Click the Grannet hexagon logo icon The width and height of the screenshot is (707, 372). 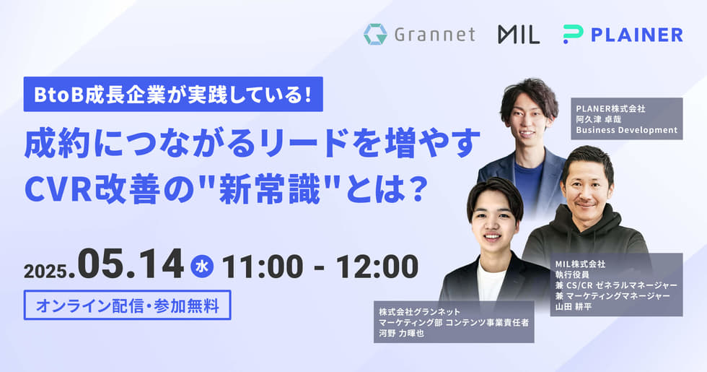coord(375,35)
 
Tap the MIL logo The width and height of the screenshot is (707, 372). coord(519,35)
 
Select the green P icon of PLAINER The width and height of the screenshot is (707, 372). coord(573,35)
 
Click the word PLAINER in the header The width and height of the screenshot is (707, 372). coord(636,35)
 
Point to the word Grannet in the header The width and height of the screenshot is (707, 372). coord(434,35)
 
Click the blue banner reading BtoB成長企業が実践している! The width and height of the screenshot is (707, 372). coord(173,94)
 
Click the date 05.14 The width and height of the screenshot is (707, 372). coord(131,265)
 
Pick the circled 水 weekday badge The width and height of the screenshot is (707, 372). coord(201,267)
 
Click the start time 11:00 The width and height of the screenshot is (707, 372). coord(263,267)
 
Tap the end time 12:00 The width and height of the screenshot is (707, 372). coord(377,267)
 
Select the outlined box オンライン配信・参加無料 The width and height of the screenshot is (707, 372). coord(127,305)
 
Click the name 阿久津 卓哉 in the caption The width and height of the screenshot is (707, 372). coord(598,119)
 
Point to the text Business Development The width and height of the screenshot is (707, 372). coord(627,130)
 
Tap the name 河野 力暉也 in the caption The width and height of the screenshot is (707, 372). coord(401,334)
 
